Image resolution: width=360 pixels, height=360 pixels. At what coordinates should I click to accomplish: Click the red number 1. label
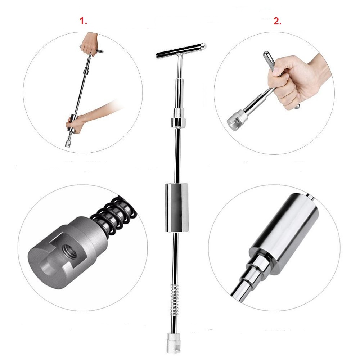click(84, 21)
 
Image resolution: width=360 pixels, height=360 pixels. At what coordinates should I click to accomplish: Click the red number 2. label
click(277, 21)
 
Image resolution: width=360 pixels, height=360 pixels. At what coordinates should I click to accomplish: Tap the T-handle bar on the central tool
click(180, 50)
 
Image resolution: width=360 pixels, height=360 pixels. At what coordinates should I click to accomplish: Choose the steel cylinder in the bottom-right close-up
click(284, 234)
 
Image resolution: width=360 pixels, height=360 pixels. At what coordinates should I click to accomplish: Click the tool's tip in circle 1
click(68, 143)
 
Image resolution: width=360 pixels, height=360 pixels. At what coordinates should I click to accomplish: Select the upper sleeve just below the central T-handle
click(179, 88)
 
